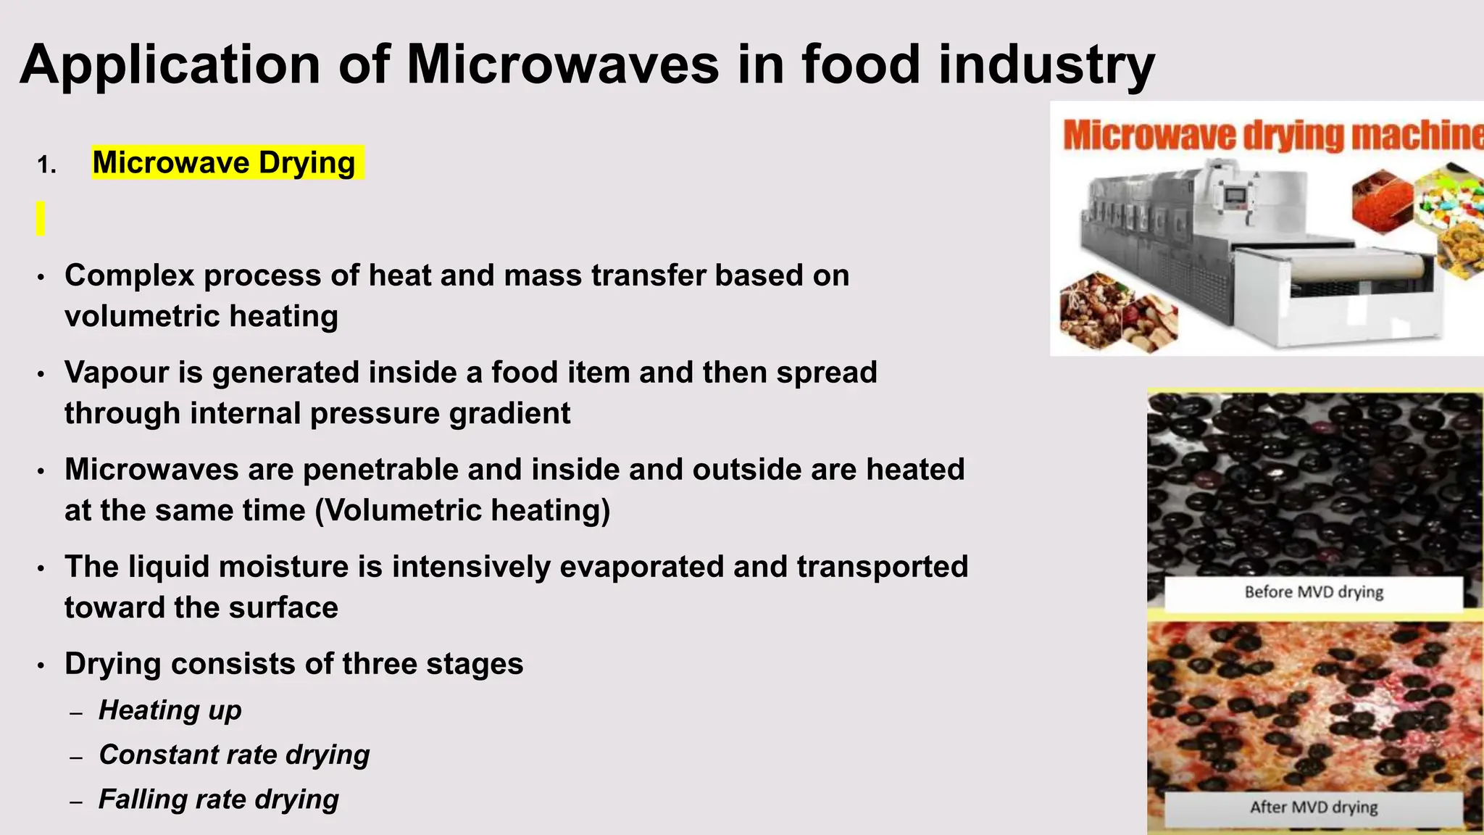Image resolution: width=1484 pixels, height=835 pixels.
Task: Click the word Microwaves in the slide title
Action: tap(563, 65)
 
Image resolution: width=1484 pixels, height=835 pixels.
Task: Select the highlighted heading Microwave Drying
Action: tap(224, 162)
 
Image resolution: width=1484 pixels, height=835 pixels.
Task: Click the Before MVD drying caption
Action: tap(1313, 592)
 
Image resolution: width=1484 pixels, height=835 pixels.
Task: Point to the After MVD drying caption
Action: tap(1313, 807)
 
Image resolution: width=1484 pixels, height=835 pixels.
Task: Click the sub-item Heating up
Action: tap(170, 710)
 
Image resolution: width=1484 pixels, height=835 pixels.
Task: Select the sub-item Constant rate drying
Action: tap(234, 755)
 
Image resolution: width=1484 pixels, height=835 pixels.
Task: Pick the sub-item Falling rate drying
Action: tap(218, 799)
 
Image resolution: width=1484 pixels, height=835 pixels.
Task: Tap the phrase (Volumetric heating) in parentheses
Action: tap(462, 510)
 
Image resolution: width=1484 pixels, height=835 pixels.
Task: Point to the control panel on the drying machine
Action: tap(1236, 196)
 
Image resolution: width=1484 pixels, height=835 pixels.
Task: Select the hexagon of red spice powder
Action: tap(1383, 201)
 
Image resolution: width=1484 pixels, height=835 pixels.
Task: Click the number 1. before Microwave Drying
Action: tap(46, 165)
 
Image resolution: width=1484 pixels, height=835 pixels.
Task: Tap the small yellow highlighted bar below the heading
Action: tap(41, 218)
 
